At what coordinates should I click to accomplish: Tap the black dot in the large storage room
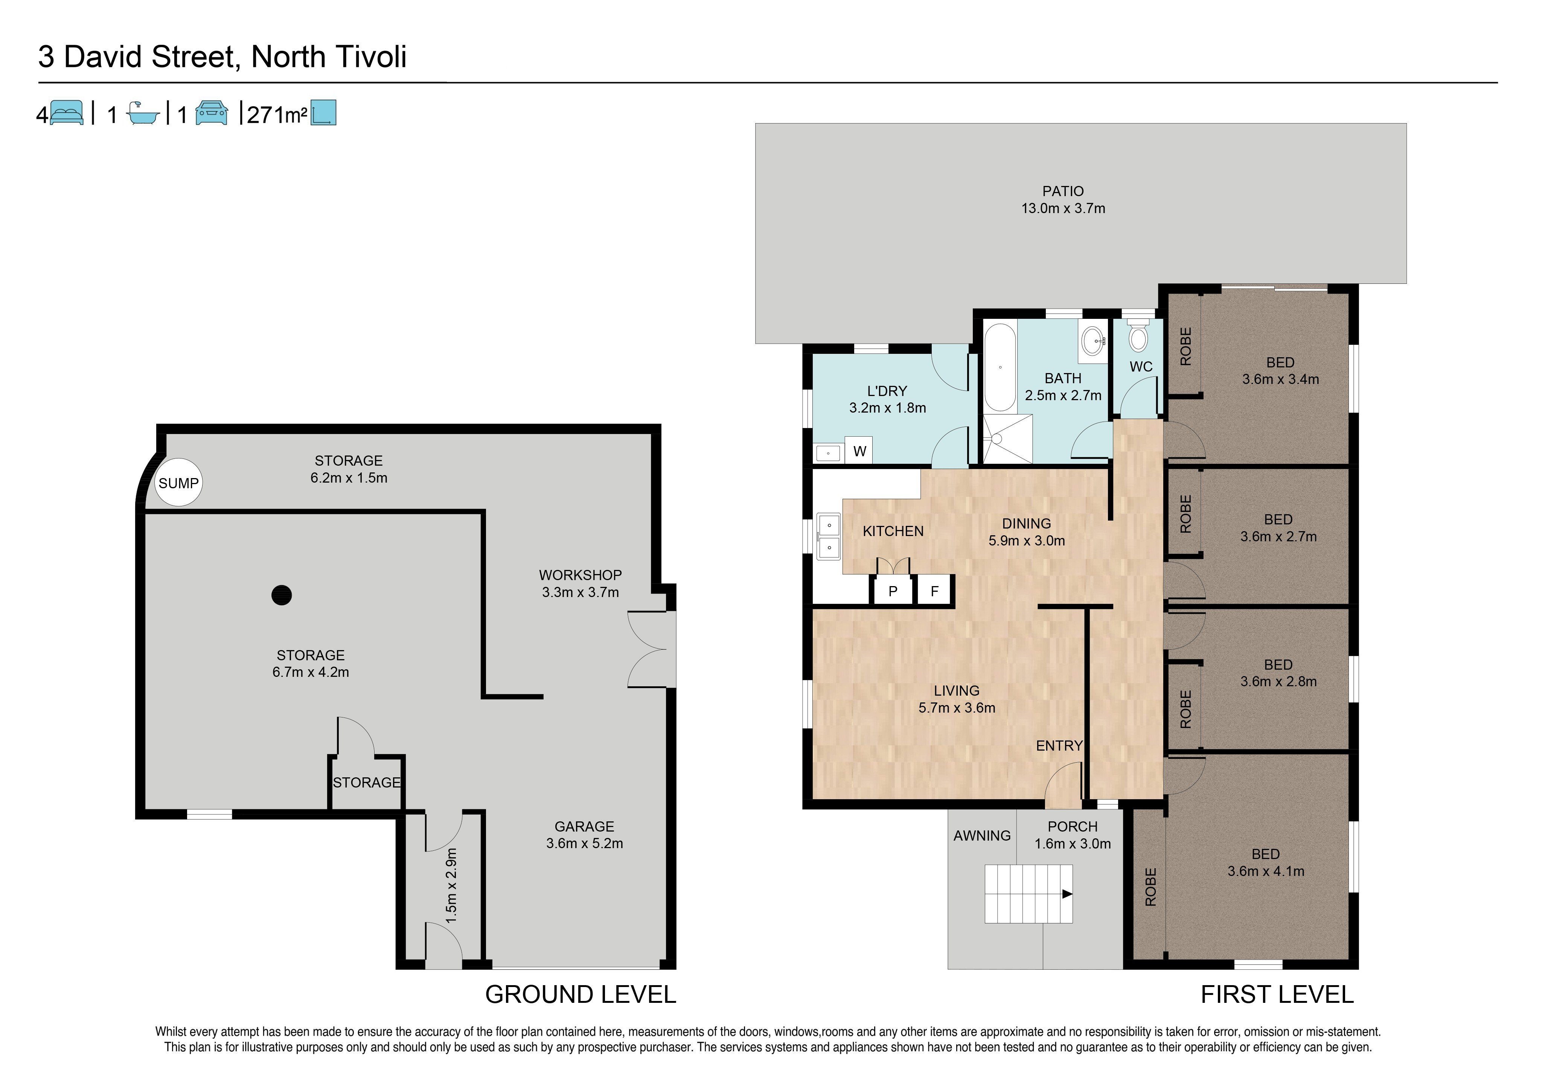pyautogui.click(x=281, y=595)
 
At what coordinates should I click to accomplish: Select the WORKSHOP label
pyautogui.click(x=580, y=575)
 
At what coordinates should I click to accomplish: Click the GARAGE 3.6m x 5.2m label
pyautogui.click(x=584, y=835)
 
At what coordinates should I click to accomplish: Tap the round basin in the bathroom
pyautogui.click(x=1093, y=340)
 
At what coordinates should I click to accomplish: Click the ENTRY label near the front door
pyautogui.click(x=1059, y=745)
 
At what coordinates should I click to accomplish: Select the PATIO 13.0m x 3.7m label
pyautogui.click(x=1063, y=200)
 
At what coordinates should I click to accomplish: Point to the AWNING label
pyautogui.click(x=982, y=836)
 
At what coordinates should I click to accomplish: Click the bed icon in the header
pyautogui.click(x=67, y=113)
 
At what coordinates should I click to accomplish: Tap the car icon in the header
pyautogui.click(x=212, y=113)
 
